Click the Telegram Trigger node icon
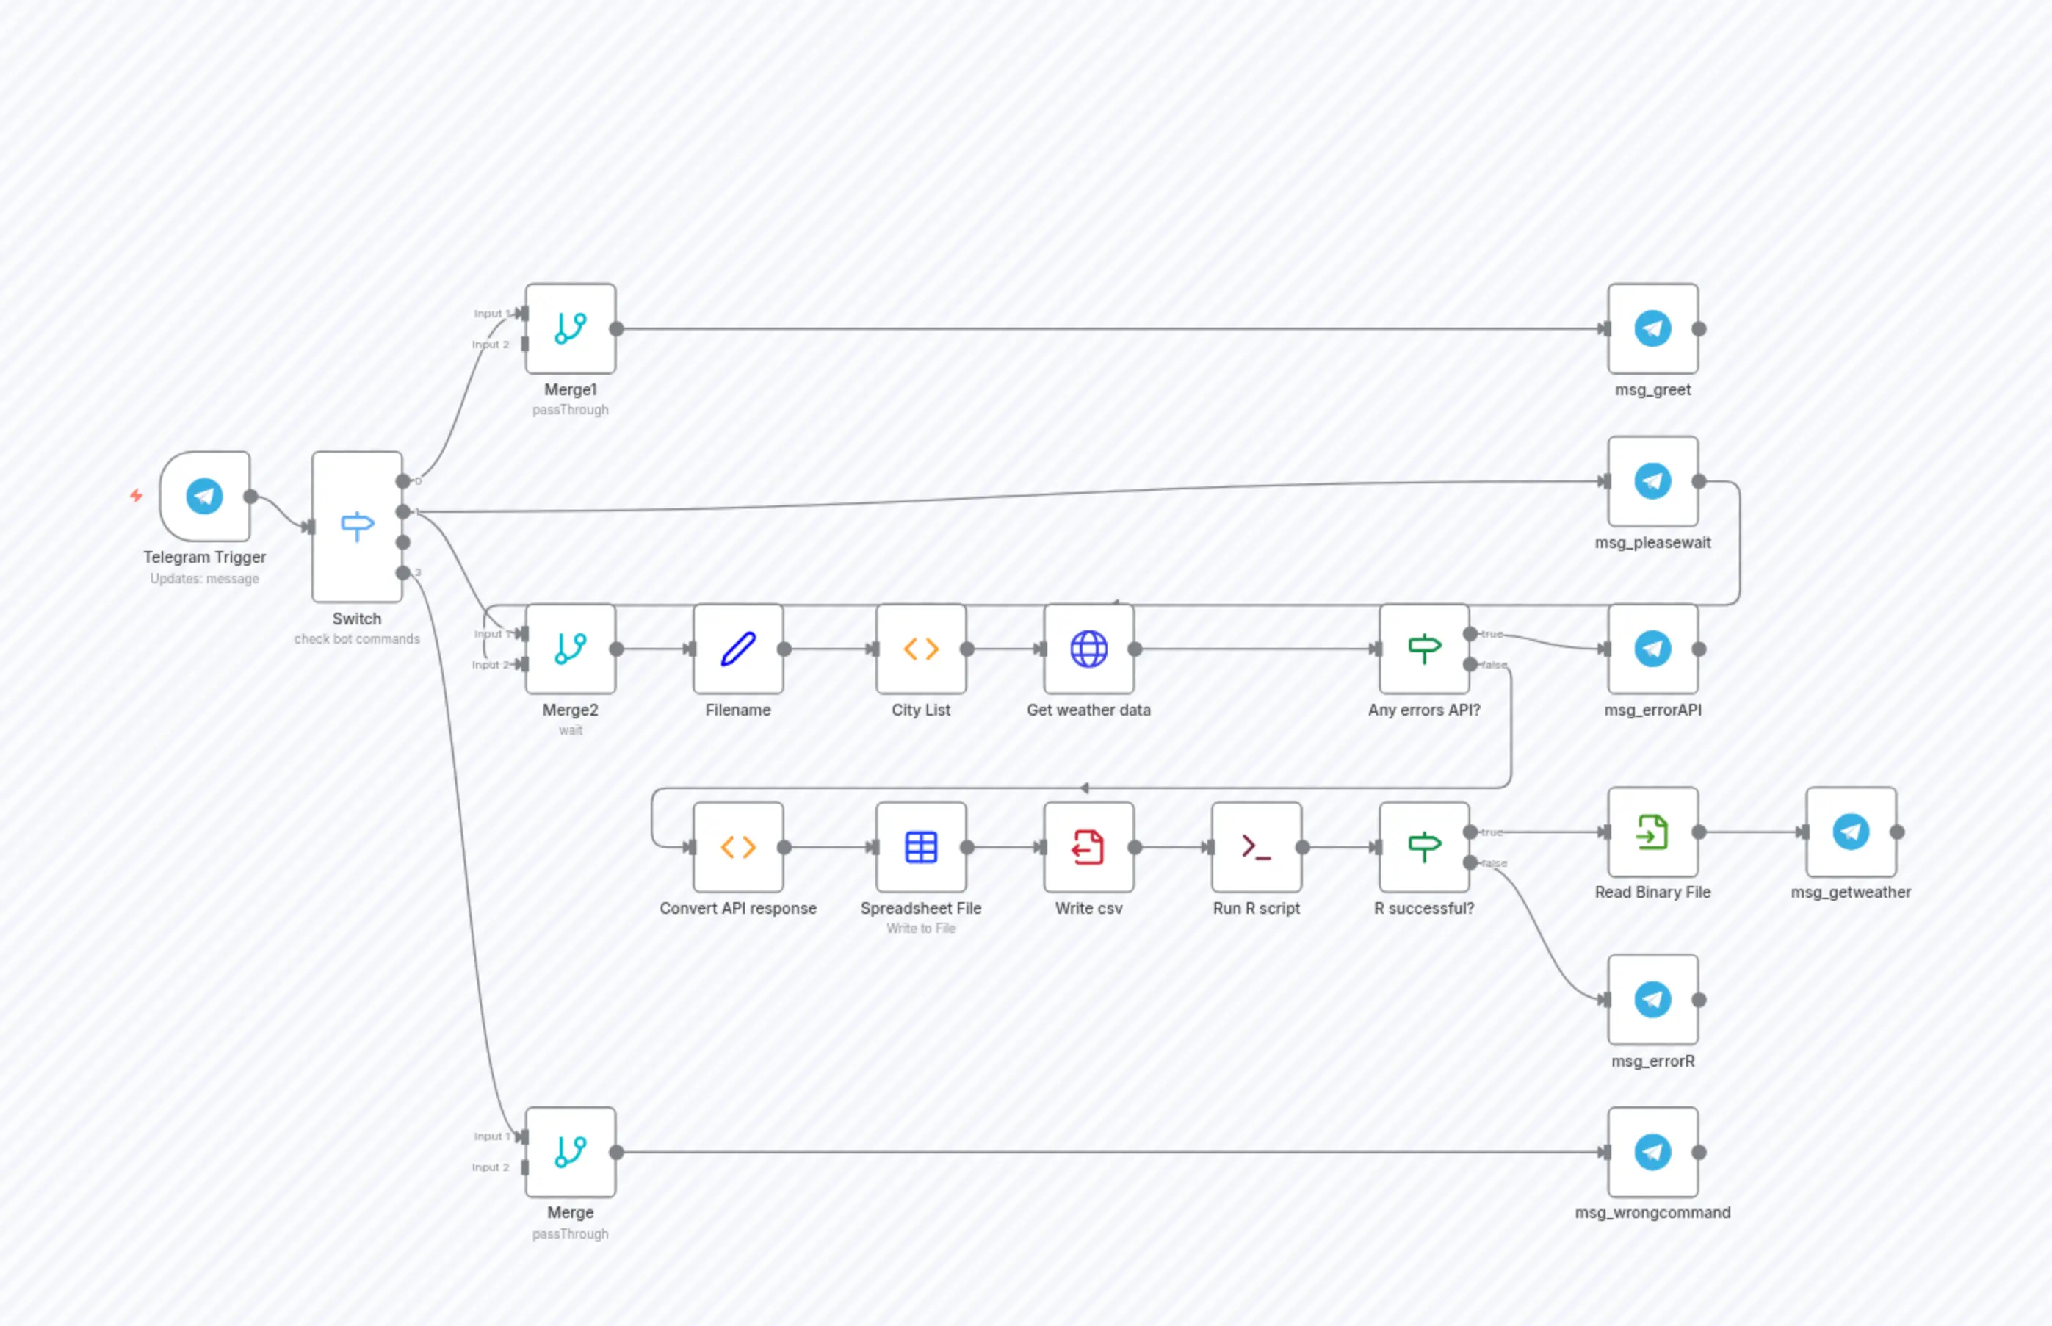coord(205,496)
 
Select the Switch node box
coord(357,526)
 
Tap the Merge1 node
coord(571,328)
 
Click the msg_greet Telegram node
coord(1652,328)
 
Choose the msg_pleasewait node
coord(1652,480)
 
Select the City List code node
coord(921,649)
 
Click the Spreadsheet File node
coord(921,847)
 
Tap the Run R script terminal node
coord(1257,847)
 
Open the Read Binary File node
coord(1652,832)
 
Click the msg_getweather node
coord(1851,832)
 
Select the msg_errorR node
coord(1652,1000)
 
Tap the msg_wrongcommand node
coord(1652,1152)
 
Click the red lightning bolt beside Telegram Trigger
coord(136,495)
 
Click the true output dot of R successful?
coord(1471,832)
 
